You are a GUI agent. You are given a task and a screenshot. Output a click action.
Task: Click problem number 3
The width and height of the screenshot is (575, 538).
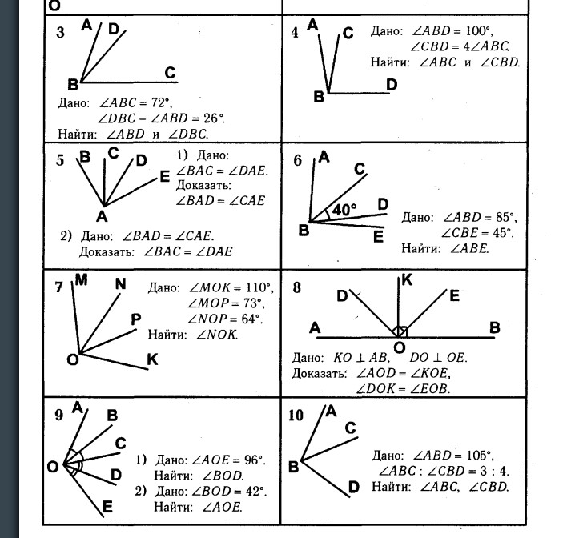pyautogui.click(x=61, y=32)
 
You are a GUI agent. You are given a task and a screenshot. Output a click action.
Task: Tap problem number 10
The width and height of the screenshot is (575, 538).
pyautogui.click(x=296, y=416)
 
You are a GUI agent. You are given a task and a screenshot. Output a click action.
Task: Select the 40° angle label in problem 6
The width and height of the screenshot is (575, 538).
pyautogui.click(x=344, y=210)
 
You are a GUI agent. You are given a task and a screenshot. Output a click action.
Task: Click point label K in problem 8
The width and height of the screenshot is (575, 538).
pyautogui.click(x=407, y=280)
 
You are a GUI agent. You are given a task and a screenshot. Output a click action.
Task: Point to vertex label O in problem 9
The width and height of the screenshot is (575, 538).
pyautogui.click(x=52, y=467)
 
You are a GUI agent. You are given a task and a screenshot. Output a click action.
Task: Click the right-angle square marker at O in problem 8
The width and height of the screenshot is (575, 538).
pyautogui.click(x=402, y=331)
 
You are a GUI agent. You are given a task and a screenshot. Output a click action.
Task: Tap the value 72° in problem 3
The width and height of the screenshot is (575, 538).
pyautogui.click(x=160, y=103)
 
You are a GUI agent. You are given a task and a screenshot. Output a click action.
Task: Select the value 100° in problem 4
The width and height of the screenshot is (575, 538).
pyautogui.click(x=477, y=30)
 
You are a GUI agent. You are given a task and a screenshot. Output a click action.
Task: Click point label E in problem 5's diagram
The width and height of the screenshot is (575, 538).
pyautogui.click(x=165, y=177)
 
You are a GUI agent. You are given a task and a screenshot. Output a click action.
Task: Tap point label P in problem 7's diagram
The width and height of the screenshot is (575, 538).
pyautogui.click(x=135, y=319)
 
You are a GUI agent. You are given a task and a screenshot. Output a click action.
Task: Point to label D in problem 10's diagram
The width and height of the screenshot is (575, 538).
pyautogui.click(x=353, y=487)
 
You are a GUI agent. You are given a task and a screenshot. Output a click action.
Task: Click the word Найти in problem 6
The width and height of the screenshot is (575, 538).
pyautogui.click(x=420, y=248)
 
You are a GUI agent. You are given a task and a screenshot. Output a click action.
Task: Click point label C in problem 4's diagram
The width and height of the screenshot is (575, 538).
pyautogui.click(x=348, y=33)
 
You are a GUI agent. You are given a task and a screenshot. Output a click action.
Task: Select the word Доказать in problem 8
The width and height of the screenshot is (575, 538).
pyautogui.click(x=319, y=374)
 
